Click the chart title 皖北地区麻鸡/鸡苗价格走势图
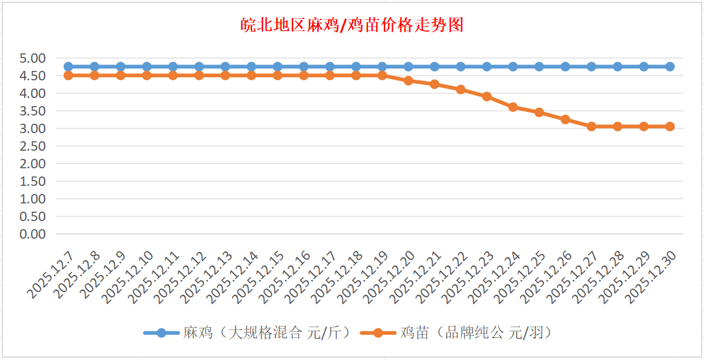tap(352, 25)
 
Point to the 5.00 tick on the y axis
tap(32, 58)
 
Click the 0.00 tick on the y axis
tap(32, 234)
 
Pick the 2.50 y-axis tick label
tap(32, 146)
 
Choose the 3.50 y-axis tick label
tap(32, 111)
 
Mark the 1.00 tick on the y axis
tap(32, 199)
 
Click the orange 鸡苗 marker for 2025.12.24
tap(513, 107)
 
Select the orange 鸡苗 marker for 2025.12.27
tap(591, 127)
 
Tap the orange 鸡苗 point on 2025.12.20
tap(409, 81)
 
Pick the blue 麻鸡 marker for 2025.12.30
tap(670, 67)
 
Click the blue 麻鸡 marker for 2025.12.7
tap(69, 67)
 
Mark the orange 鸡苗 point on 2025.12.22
tap(461, 90)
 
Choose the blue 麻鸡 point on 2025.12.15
tap(278, 67)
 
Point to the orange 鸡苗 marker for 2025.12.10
tap(147, 76)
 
